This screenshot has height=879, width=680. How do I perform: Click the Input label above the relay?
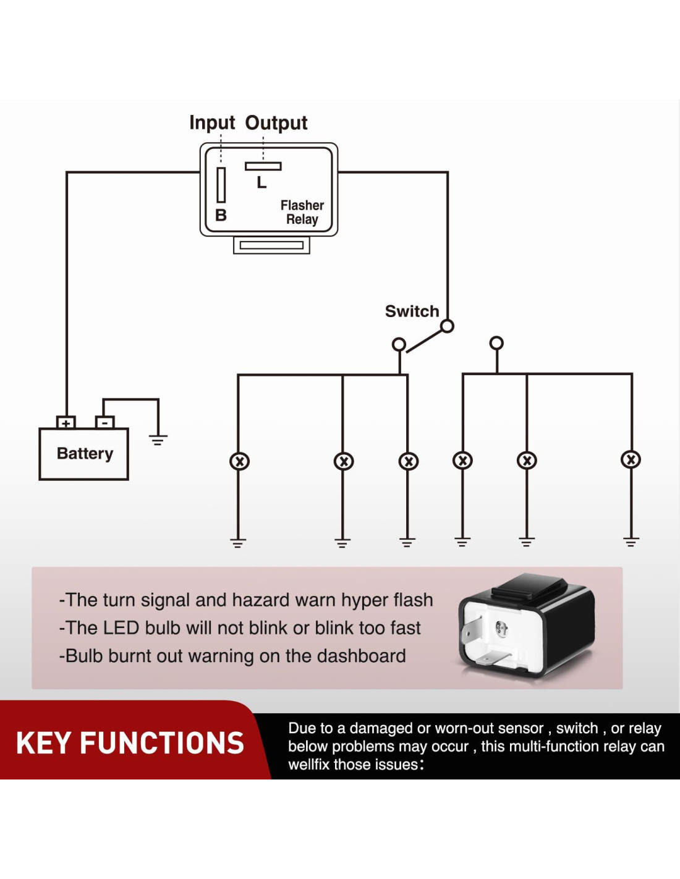click(x=212, y=122)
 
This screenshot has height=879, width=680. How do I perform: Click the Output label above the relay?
click(x=276, y=122)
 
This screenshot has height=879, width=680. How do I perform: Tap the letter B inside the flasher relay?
click(x=221, y=215)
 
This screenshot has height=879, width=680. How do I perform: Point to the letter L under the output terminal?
click(x=262, y=182)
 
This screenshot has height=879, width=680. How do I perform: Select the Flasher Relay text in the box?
click(x=302, y=212)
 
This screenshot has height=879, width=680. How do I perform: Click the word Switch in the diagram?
click(x=412, y=311)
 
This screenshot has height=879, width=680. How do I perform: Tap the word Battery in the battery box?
click(x=85, y=453)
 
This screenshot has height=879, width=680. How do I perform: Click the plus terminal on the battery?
click(x=66, y=423)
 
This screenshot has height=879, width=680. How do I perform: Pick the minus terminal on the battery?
click(x=105, y=423)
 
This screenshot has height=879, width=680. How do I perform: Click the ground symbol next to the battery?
click(x=158, y=440)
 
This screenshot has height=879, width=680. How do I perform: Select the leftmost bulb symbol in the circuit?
click(x=239, y=461)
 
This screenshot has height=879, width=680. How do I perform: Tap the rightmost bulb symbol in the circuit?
click(x=631, y=459)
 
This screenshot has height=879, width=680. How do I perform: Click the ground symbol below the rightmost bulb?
click(x=631, y=543)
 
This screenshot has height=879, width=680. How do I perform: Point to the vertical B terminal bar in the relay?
click(x=221, y=184)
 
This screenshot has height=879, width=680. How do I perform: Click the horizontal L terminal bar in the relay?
click(x=263, y=166)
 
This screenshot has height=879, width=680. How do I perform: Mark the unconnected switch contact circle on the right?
click(x=496, y=342)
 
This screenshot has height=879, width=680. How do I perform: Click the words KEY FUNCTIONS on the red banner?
click(x=130, y=742)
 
